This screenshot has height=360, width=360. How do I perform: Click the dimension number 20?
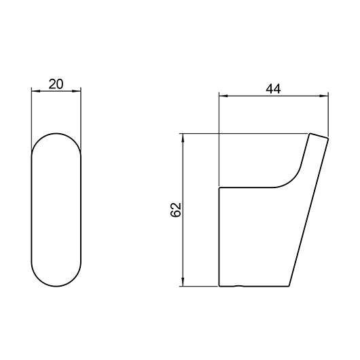(x=56, y=84)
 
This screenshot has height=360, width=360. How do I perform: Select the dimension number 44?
(x=273, y=89)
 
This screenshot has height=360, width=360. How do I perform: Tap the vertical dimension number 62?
(x=176, y=210)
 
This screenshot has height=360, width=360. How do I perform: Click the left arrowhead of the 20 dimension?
(x=36, y=92)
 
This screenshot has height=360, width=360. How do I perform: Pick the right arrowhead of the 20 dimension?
(x=77, y=92)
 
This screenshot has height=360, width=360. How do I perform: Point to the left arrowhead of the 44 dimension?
(x=223, y=96)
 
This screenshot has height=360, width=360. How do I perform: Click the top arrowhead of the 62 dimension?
(x=183, y=138)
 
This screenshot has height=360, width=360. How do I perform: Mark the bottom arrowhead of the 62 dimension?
(x=183, y=282)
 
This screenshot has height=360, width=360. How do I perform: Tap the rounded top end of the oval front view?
(x=56, y=133)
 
